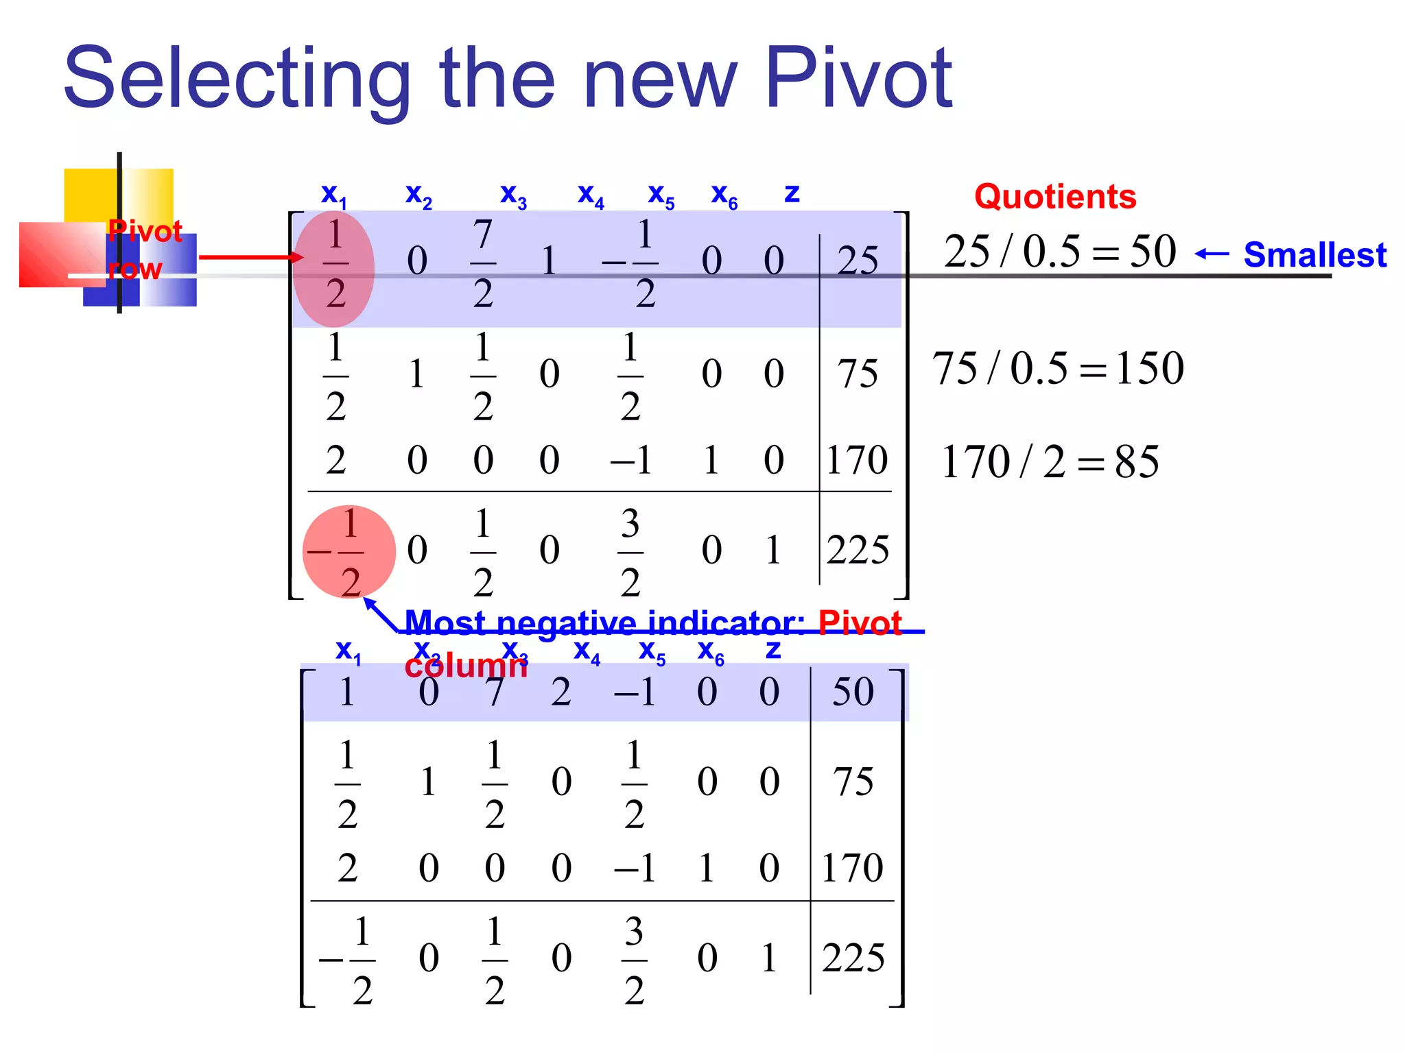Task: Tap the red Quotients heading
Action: tap(1055, 197)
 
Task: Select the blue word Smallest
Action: tap(1314, 255)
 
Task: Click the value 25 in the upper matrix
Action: tap(858, 261)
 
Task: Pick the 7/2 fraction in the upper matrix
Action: tap(483, 264)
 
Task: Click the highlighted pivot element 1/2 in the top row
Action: tap(335, 264)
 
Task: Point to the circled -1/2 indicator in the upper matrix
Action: tap(349, 552)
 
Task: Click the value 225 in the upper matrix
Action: tap(858, 550)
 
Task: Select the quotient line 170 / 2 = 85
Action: tap(1050, 461)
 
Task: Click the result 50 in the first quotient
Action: tap(1153, 251)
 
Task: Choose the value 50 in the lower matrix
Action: tap(853, 691)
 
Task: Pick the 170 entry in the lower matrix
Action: tap(852, 867)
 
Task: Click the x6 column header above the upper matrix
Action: tap(724, 195)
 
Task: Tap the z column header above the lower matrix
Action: tap(773, 649)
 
